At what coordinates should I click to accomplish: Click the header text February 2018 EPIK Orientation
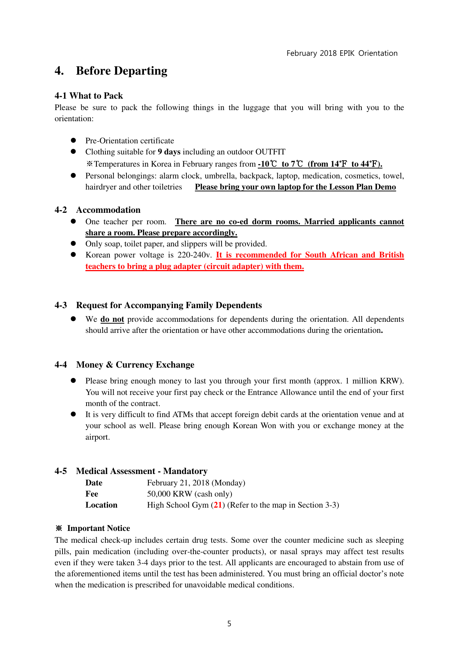[x=342, y=53]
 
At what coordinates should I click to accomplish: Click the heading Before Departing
[x=121, y=71]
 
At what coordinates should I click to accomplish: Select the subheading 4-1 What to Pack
[x=89, y=96]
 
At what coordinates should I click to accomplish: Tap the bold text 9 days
[x=169, y=152]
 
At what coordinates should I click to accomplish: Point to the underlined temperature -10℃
[x=267, y=164]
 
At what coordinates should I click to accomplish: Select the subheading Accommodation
[x=108, y=210]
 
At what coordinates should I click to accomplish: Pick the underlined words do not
[x=112, y=319]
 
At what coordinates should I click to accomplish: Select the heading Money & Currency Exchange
[x=135, y=365]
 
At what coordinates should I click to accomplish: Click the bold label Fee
[x=92, y=494]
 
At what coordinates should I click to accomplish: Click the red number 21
[x=218, y=505]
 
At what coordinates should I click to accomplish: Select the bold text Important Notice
[x=98, y=528]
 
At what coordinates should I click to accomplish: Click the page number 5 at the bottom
[x=229, y=624]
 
